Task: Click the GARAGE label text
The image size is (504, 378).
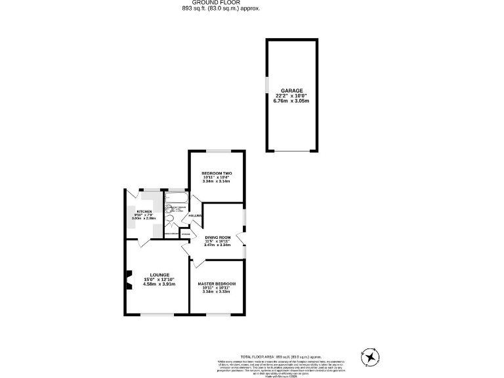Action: pos(291,90)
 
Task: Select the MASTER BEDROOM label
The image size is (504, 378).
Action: pos(217,284)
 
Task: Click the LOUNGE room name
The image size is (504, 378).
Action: pos(159,274)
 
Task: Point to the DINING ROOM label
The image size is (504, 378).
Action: pos(217,237)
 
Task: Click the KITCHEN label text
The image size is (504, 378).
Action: pos(144,211)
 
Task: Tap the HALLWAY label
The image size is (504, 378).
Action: pos(195,215)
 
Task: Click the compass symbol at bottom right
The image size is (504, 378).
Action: pos(371,357)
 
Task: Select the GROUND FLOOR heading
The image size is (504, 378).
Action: pos(220,3)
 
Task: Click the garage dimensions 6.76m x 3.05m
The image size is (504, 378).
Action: pos(291,101)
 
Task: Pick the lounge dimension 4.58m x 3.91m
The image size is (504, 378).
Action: pos(159,284)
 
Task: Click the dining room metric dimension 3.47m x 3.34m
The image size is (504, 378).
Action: pos(217,245)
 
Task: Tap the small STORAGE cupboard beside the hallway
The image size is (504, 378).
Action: pos(186,234)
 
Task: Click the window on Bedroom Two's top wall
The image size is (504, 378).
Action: pos(217,151)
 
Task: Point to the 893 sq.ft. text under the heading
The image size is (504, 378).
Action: pos(220,9)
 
